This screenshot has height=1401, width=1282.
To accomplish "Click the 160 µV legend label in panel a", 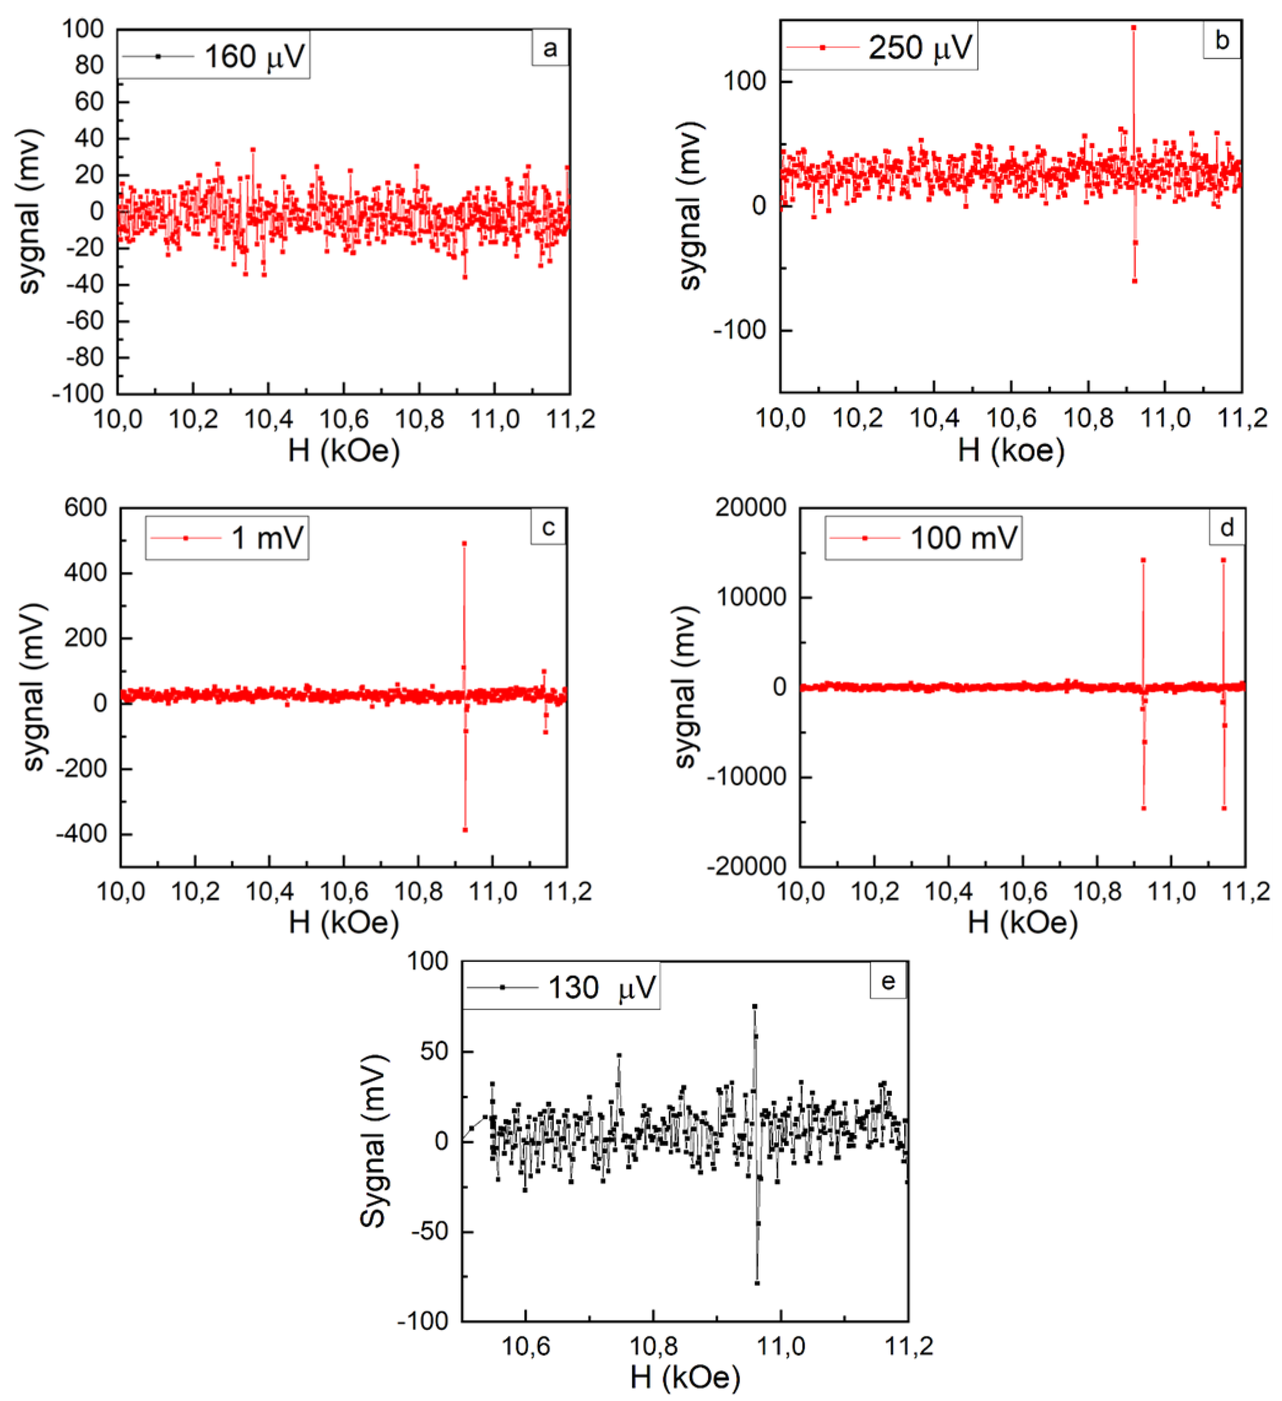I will pyautogui.click(x=254, y=56).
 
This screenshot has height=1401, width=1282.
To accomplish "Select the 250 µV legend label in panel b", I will pyautogui.click(x=920, y=47).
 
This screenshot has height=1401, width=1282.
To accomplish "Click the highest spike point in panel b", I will pyautogui.click(x=1134, y=28).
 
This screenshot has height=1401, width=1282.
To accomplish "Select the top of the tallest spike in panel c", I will pyautogui.click(x=464, y=543).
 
